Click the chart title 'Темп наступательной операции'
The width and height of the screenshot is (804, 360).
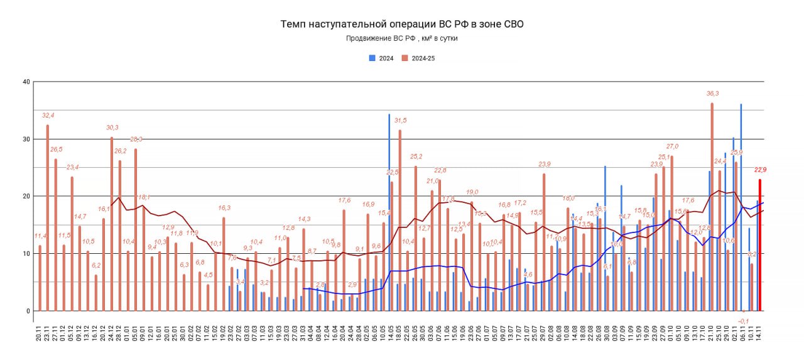[401, 25]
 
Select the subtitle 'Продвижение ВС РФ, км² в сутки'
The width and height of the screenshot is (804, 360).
[401, 38]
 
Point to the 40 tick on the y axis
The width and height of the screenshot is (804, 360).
[26, 82]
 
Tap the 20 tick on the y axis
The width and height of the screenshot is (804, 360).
[26, 196]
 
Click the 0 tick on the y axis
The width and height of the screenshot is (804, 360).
[28, 311]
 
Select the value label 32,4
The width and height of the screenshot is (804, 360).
[48, 116]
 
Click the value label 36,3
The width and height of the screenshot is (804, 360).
[712, 94]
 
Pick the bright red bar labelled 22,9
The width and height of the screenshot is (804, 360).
[760, 245]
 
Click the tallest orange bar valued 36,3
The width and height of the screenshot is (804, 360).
[712, 207]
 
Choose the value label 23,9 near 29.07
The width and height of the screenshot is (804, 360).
[544, 165]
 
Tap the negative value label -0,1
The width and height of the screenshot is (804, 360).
[744, 320]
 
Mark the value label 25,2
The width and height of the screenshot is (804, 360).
[416, 156]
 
